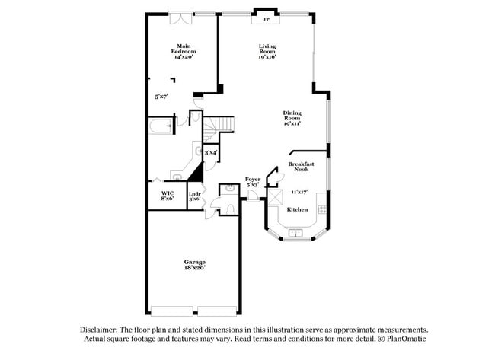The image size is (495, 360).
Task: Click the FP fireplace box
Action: coord(267,20)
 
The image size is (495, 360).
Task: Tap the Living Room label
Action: coord(267,51)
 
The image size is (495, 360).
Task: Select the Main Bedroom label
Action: coord(183,51)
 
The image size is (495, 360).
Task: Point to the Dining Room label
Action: coord(292,118)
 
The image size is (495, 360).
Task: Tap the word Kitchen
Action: coord(297,209)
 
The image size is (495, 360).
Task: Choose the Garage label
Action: coord(194,265)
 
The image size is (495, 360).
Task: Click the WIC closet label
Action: coord(168,196)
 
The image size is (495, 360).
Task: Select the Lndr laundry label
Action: coord(194,196)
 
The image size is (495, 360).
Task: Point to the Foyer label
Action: coord(253,182)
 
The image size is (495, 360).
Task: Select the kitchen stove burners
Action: coord(322,208)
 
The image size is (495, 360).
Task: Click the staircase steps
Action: coord(220,123)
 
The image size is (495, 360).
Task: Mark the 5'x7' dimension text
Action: coord(161,97)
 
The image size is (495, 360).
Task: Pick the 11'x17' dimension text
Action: coord(299,191)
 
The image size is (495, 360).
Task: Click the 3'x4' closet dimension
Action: coord(211,152)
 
